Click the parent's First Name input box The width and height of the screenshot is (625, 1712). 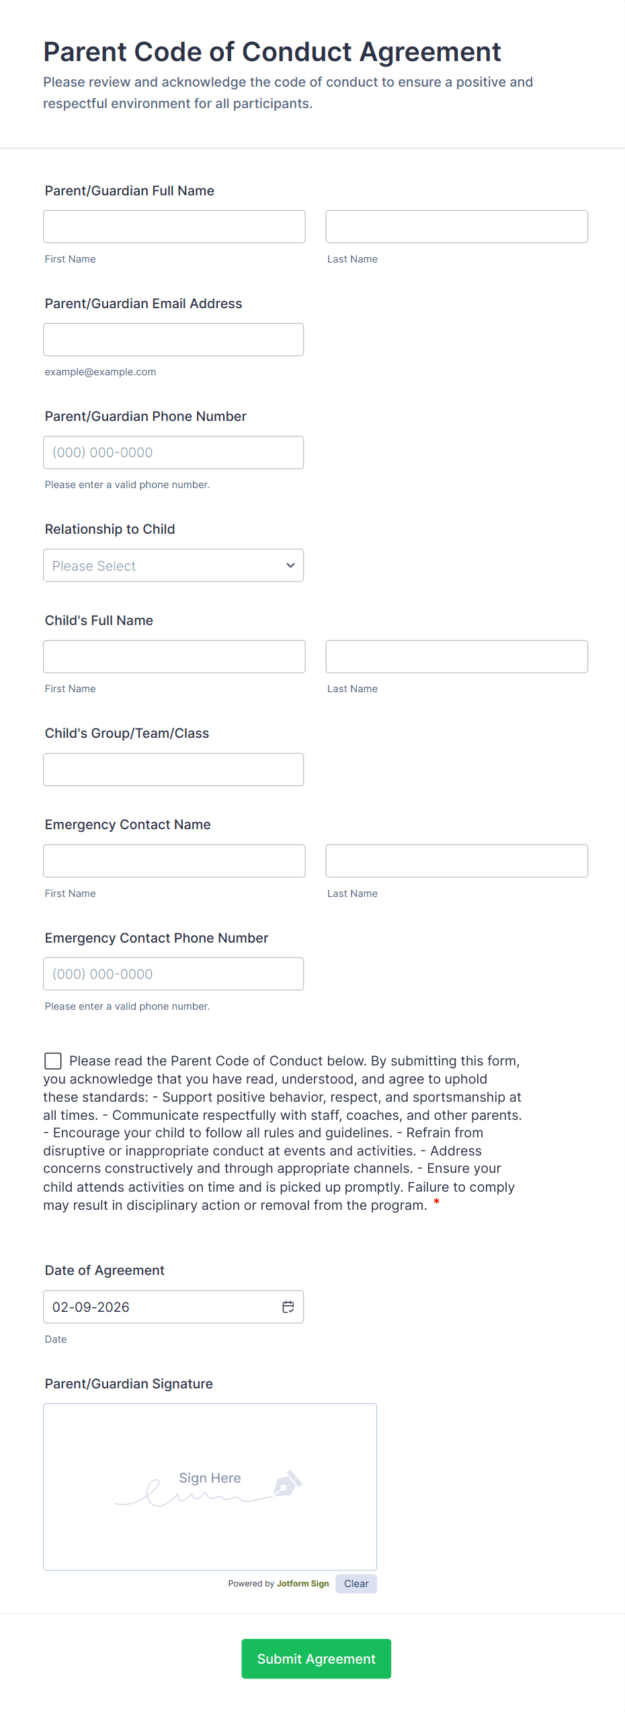coord(174,226)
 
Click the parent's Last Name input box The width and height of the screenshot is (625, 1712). coord(456,226)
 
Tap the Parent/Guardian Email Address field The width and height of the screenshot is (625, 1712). coord(173,339)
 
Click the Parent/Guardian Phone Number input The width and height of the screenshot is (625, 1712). coord(173,452)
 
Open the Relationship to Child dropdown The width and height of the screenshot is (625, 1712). coord(173,565)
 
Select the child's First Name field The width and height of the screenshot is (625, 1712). coord(174,656)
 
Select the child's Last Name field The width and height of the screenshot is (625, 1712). coord(456,656)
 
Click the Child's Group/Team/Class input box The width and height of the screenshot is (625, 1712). coord(173,769)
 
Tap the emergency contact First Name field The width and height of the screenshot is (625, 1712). coord(174,860)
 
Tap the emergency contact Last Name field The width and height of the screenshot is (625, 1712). coord(456,860)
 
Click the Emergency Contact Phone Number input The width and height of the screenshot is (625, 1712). coord(173,973)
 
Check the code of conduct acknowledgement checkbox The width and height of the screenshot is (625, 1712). coord(53,1060)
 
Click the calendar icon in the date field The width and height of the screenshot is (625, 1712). coord(288,1306)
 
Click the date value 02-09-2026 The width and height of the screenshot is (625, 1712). coord(91,1306)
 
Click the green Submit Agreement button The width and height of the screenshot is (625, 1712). coord(316,1658)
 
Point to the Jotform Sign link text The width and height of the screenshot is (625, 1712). coord(302,1583)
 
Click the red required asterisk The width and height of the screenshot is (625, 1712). coord(436,1202)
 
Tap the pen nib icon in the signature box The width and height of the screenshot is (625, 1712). coord(288,1483)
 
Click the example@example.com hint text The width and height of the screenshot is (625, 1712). coord(100,372)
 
